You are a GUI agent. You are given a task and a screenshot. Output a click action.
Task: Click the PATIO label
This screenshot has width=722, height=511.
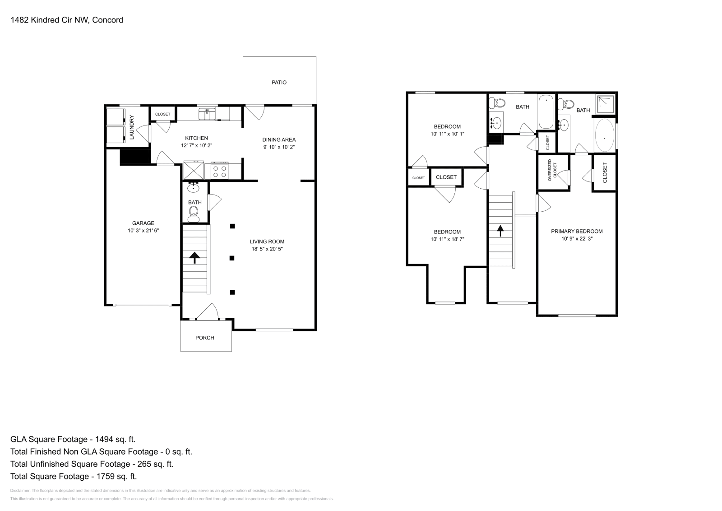point(279,83)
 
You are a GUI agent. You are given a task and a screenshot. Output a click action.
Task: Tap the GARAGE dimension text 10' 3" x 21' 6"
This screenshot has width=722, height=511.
point(143,231)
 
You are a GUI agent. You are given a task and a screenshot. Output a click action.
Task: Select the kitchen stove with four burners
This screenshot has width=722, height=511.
point(220,171)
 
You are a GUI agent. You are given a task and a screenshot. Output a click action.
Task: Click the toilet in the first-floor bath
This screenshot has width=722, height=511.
point(194,213)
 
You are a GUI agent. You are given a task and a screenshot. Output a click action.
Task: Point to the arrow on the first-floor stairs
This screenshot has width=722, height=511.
point(194,258)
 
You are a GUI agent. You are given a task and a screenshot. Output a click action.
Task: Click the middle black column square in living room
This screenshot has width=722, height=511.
point(232,258)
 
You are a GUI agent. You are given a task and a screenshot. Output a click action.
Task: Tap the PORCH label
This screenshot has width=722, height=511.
point(204,338)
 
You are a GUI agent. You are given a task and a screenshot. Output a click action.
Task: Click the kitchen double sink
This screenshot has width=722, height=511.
point(208,113)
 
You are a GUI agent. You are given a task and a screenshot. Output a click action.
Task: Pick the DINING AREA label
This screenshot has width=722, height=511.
point(279,140)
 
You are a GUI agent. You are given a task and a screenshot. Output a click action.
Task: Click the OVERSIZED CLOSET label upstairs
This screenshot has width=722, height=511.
point(552,171)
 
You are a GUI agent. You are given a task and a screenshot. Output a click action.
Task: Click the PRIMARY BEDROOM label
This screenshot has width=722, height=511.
point(577,232)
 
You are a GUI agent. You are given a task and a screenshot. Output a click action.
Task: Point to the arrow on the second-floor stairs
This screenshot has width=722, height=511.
point(500,231)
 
